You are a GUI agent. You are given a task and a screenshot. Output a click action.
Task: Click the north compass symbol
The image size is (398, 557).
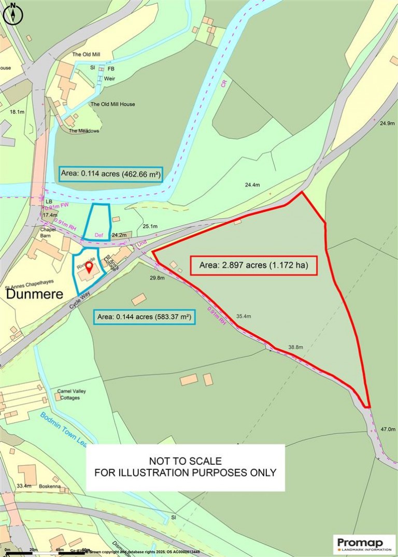[x=13, y=13]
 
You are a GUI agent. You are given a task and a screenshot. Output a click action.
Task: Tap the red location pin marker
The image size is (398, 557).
[x=89, y=267]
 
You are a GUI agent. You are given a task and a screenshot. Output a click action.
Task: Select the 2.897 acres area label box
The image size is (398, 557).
[x=253, y=266]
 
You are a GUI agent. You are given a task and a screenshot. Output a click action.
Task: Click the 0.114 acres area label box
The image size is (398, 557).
[x=110, y=174]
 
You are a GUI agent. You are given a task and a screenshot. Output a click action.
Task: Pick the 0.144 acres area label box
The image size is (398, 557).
[x=145, y=317]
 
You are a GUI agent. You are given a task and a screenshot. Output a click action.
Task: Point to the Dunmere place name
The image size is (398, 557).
[x=34, y=295]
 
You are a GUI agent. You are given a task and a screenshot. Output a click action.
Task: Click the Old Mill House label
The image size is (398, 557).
[x=112, y=104]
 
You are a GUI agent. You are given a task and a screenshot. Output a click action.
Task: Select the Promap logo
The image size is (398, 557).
[x=363, y=544]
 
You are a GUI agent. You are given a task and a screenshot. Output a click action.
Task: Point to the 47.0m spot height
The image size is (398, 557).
[x=388, y=430]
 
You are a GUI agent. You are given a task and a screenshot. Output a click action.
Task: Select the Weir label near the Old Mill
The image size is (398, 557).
[x=109, y=79]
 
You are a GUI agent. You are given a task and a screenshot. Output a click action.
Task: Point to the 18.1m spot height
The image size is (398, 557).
[x=17, y=112]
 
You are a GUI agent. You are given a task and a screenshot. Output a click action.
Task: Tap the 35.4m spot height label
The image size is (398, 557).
[x=244, y=316]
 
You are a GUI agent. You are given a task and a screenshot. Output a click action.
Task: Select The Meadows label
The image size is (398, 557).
[x=84, y=131]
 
